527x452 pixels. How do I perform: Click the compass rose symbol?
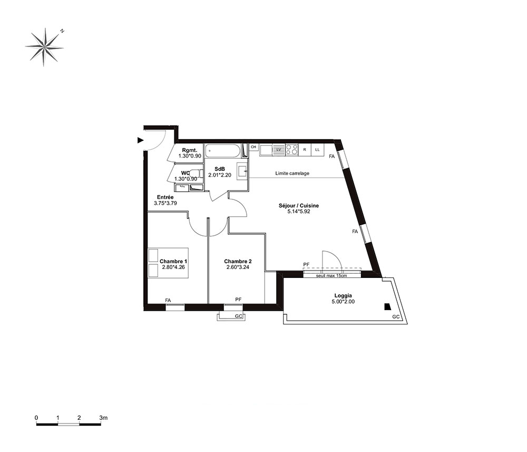click(44, 47)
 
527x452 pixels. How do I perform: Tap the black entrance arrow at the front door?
click(141, 140)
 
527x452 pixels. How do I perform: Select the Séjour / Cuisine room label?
click(298, 206)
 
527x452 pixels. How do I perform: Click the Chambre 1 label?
click(173, 261)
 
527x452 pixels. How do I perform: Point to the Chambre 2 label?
click(238, 261)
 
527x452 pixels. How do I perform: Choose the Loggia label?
click(343, 296)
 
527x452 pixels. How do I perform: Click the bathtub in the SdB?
click(223, 151)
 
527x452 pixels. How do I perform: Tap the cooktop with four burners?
click(292, 150)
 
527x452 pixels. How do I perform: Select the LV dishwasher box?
click(278, 150)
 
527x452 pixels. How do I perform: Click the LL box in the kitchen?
click(317, 150)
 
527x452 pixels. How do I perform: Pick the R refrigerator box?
click(305, 150)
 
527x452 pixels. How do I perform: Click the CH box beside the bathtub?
click(253, 147)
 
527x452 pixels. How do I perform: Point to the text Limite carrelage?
click(292, 174)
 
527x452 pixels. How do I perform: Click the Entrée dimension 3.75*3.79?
click(165, 203)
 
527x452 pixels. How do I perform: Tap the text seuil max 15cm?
click(331, 275)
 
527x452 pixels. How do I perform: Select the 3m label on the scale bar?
click(103, 418)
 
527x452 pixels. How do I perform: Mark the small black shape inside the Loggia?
click(387, 307)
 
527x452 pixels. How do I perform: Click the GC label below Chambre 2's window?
click(239, 316)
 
